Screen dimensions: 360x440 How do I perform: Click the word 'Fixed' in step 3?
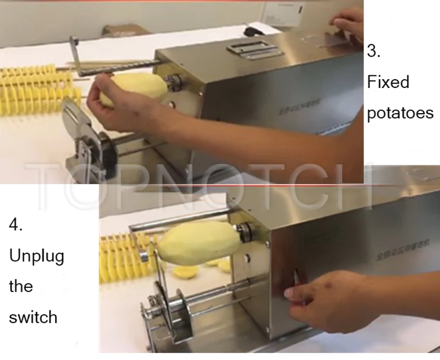pyautogui.click(x=388, y=82)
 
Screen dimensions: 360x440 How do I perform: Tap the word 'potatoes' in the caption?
pyautogui.click(x=400, y=113)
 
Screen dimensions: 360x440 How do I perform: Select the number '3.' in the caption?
pyautogui.click(x=374, y=52)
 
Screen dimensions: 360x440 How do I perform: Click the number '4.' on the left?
pyautogui.click(x=16, y=225)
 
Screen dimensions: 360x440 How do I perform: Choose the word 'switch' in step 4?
pyautogui.click(x=33, y=317)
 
